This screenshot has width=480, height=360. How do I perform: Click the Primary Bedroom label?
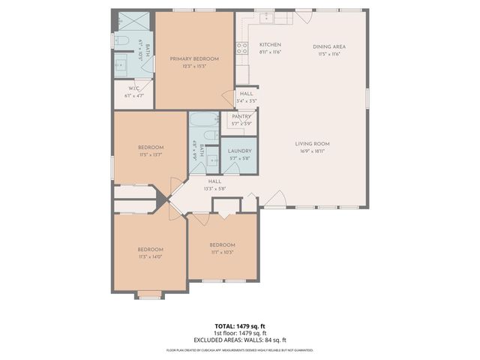pos(193,58)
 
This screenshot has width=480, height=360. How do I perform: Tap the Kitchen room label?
pos(270,45)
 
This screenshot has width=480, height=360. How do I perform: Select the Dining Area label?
pos(329,46)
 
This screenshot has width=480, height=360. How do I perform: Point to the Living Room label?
pos(312,143)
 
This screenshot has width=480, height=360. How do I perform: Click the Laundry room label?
pos(240,151)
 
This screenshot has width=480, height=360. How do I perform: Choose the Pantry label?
pos(241,116)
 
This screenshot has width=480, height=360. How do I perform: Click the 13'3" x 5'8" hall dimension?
pos(214,188)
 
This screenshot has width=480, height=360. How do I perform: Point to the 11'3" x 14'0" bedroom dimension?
pos(148,256)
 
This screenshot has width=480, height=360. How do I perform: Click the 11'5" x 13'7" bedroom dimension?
pos(150,154)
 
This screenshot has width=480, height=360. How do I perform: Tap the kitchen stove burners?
pos(241,48)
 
